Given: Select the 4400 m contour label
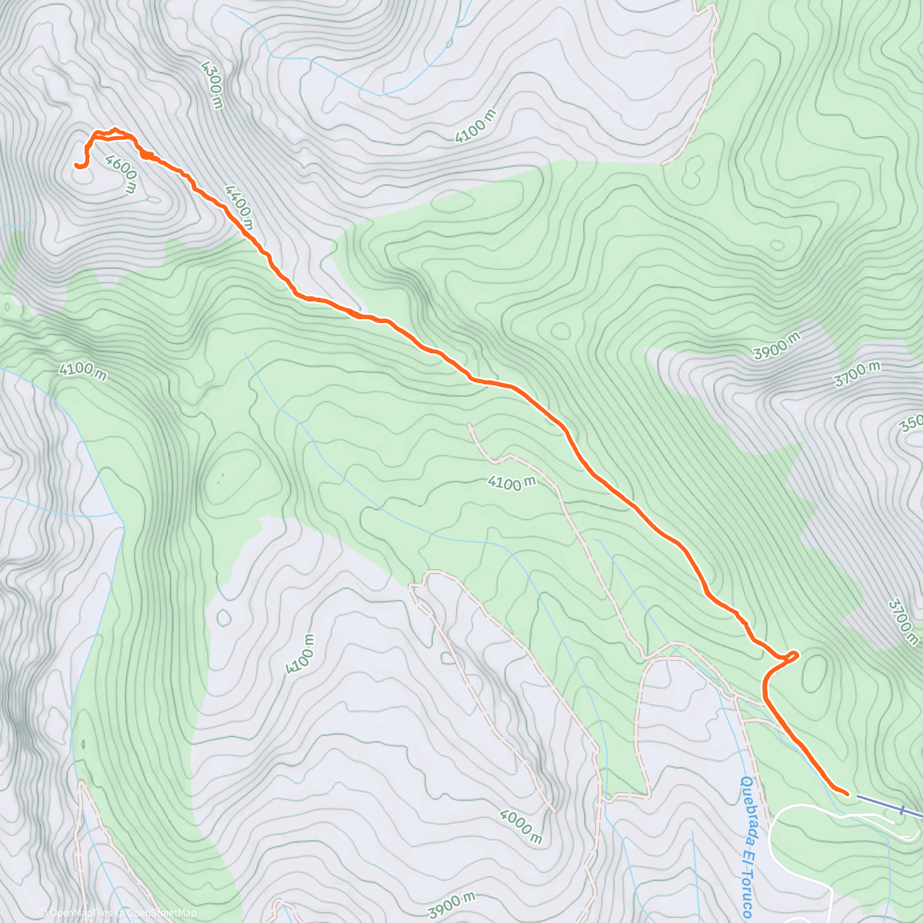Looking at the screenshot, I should (238, 206).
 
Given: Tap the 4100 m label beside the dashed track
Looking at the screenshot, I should (511, 483).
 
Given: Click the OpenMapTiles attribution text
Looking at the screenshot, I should (79, 913).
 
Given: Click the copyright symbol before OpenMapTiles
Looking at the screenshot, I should (42, 913).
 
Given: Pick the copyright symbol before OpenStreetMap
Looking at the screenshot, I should (120, 913).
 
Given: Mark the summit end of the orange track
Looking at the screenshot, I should (76, 165).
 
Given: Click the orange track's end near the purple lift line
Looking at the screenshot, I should (846, 792).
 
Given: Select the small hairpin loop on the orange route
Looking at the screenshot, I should (790, 655).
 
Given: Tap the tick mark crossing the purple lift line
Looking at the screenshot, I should (901, 809).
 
